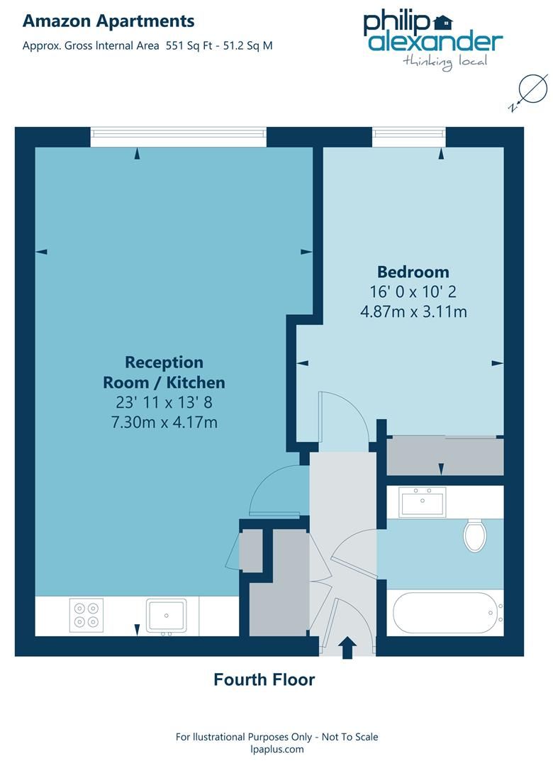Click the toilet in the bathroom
[x=474, y=534]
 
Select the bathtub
[x=446, y=612]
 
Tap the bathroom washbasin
[x=422, y=502]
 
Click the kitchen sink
[x=166, y=615]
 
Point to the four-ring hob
[x=86, y=614]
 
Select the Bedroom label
[x=413, y=272]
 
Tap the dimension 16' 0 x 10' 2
[x=413, y=292]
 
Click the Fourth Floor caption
[x=264, y=679]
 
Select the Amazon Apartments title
[x=108, y=21]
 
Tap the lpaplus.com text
[x=276, y=749]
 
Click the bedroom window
[x=408, y=137]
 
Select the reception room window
[x=179, y=137]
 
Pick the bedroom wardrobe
[x=445, y=456]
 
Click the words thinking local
[x=445, y=61]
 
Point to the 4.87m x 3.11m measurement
[x=413, y=311]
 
